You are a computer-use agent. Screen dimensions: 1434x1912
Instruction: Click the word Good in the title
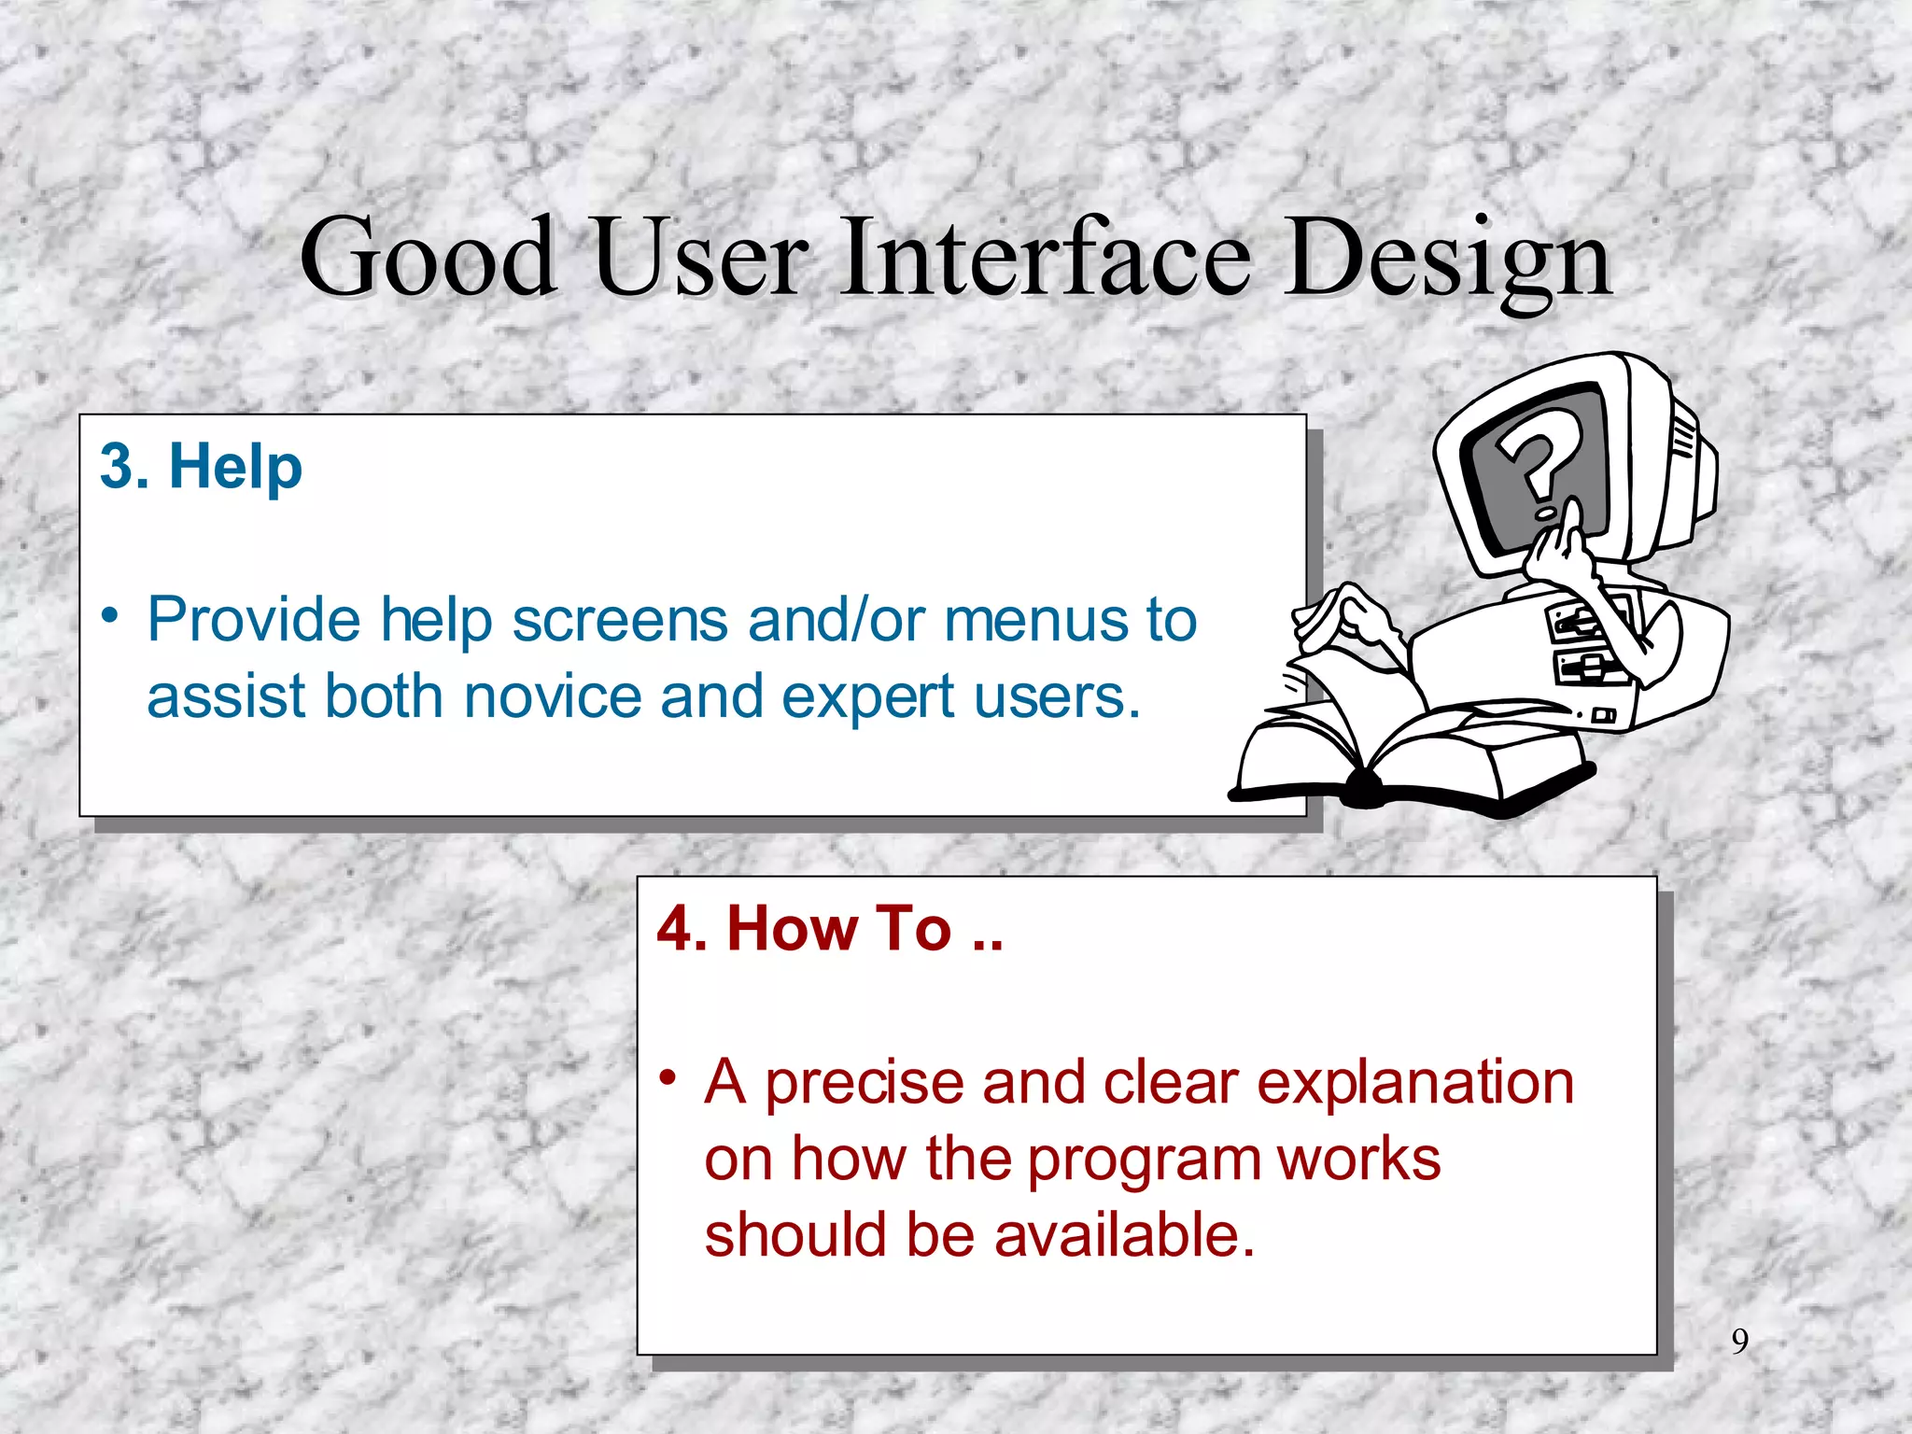pyautogui.click(x=428, y=257)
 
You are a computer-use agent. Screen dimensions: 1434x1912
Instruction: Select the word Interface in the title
pyautogui.click(x=1045, y=257)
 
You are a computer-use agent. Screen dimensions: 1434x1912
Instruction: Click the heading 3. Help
pyautogui.click(x=201, y=466)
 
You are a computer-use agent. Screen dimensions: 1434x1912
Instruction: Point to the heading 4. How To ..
pyautogui.click(x=829, y=928)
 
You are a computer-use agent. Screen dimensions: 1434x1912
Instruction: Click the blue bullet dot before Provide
pyautogui.click(x=110, y=616)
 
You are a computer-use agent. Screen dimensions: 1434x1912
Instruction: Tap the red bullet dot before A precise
pyautogui.click(x=667, y=1078)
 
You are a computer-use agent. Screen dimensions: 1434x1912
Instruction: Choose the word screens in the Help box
pyautogui.click(x=620, y=620)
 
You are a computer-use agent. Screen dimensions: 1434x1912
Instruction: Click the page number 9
pyautogui.click(x=1739, y=1342)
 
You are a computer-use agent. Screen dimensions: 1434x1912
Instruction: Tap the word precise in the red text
pyautogui.click(x=865, y=1083)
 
